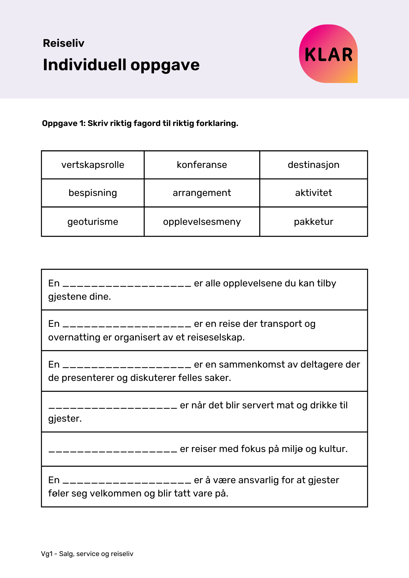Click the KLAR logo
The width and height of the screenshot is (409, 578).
point(328,54)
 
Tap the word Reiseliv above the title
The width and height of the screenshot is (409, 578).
point(64,43)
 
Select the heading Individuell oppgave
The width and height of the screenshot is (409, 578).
point(121,65)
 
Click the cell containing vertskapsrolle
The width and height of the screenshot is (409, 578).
point(93,165)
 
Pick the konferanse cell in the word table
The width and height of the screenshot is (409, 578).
point(202,165)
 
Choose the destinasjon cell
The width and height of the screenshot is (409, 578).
point(314,165)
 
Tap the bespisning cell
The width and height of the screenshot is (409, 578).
point(93,193)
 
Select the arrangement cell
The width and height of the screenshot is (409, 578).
point(202,193)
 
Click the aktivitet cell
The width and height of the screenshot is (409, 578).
point(314,193)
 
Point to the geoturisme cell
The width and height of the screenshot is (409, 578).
point(93,222)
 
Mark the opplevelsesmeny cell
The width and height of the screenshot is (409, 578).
point(202,222)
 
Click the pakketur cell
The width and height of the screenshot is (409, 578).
point(314,222)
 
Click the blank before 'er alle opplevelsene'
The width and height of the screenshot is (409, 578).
point(127,284)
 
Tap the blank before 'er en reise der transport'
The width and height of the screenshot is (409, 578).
point(127,325)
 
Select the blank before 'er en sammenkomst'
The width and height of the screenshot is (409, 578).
point(127,366)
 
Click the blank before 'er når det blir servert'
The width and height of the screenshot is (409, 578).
point(113,406)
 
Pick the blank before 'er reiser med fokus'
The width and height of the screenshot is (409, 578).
point(113,450)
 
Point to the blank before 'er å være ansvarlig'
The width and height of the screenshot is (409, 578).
point(127,481)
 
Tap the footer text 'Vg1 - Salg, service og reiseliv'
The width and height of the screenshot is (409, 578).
point(87,554)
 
